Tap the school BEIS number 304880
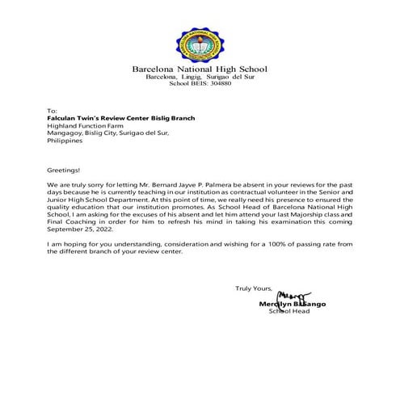pyautogui.click(x=217, y=83)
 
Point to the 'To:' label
pyautogui.click(x=53, y=110)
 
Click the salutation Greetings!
pyautogui.click(x=65, y=171)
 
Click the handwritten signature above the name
pyautogui.click(x=293, y=295)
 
